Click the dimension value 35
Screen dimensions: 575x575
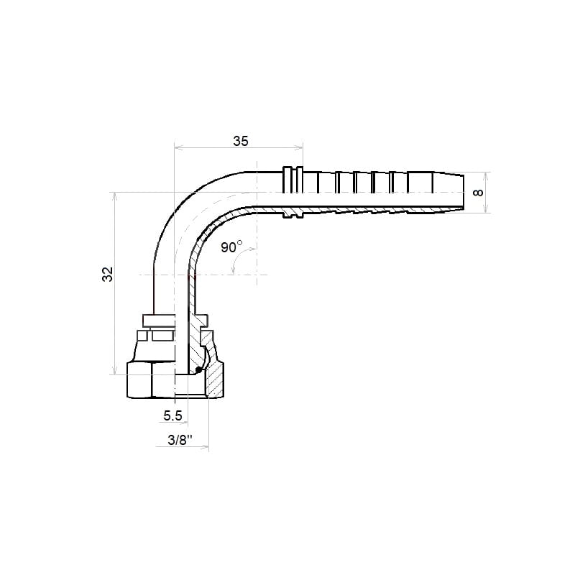coord(241,141)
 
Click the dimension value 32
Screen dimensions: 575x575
coord(108,275)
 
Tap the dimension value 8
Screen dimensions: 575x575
coord(479,193)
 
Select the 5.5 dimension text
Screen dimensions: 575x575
coord(172,416)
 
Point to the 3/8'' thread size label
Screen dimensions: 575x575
coord(180,440)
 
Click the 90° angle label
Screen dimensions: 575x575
coord(231,247)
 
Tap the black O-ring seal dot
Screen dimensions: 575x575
coord(198,369)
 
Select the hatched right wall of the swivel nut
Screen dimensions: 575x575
coord(215,382)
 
